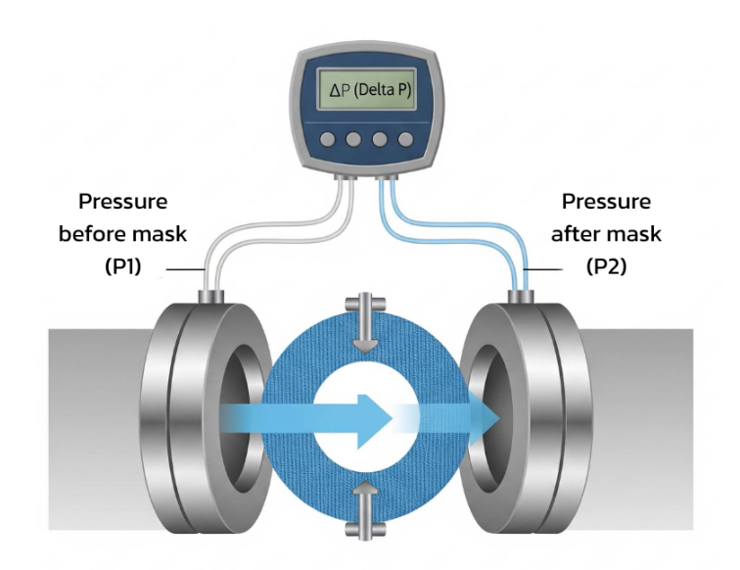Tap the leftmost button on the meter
pos(328,140)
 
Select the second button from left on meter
pos(354,140)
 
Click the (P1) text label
pos(124,266)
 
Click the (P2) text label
pos(610,266)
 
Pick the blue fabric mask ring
pos(294,460)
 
